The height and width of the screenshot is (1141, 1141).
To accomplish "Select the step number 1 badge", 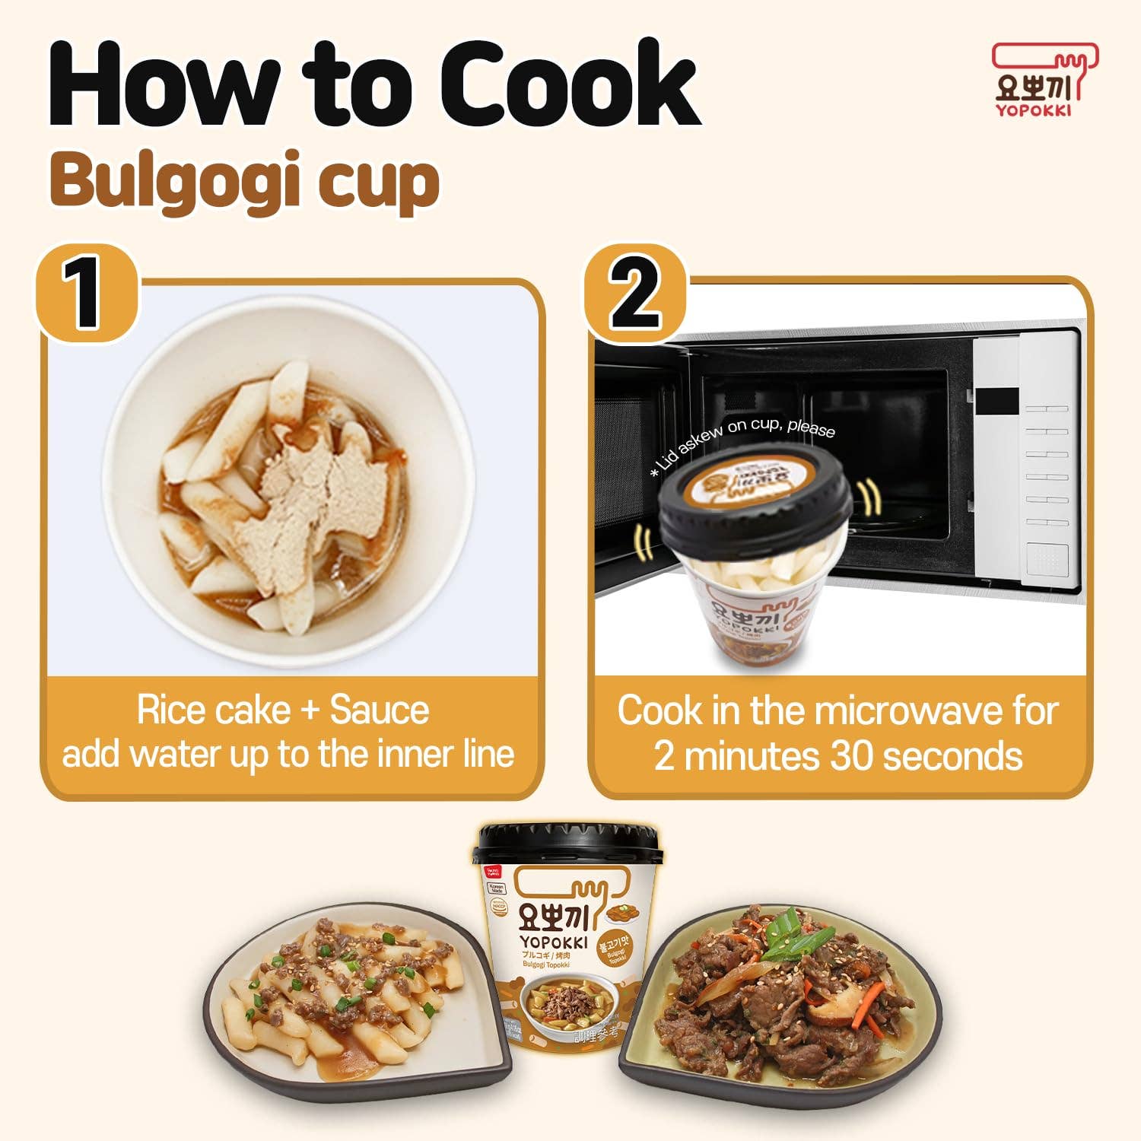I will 85,293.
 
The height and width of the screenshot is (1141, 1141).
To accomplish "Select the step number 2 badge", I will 636,293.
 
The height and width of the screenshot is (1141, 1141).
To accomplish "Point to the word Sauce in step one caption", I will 379,710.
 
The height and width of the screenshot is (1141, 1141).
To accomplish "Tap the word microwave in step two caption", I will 909,711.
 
